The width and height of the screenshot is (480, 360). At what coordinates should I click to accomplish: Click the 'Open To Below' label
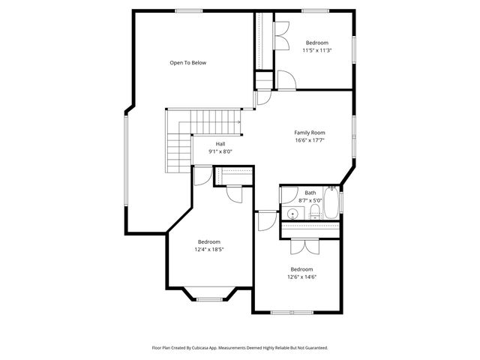pyautogui.click(x=187, y=63)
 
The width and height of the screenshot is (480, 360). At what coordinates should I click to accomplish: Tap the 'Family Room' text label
pyautogui.click(x=309, y=133)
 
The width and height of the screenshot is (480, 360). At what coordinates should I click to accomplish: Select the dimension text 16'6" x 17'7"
pyautogui.click(x=309, y=140)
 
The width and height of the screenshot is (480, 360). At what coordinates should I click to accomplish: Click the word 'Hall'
pyautogui.click(x=220, y=144)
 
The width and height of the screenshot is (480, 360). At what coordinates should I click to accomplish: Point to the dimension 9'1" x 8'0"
pyautogui.click(x=220, y=151)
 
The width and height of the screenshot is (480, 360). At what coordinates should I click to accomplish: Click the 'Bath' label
pyautogui.click(x=310, y=193)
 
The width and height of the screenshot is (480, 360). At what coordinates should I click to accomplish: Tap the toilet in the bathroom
pyautogui.click(x=314, y=215)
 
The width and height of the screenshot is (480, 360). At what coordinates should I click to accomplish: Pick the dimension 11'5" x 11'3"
pyautogui.click(x=316, y=50)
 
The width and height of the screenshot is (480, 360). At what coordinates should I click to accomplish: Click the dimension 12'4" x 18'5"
pyautogui.click(x=208, y=249)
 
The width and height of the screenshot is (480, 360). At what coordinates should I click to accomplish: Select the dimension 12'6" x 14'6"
pyautogui.click(x=301, y=277)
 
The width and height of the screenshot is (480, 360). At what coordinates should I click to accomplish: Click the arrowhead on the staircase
pyautogui.click(x=238, y=121)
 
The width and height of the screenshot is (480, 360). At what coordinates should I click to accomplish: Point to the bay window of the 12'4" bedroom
pyautogui.click(x=209, y=298)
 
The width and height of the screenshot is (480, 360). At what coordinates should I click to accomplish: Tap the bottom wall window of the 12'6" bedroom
pyautogui.click(x=293, y=312)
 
